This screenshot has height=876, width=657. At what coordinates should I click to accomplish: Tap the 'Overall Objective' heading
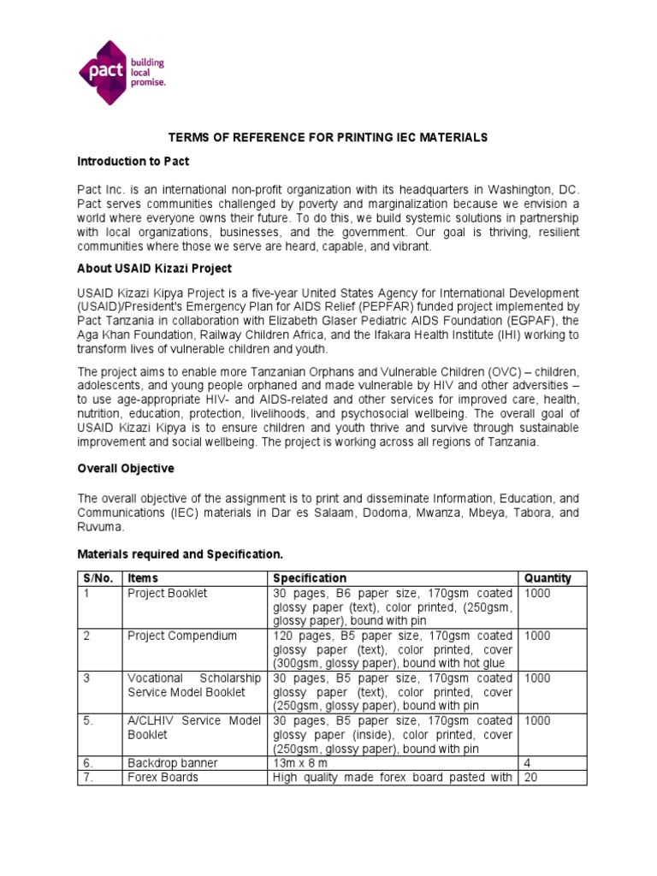126,469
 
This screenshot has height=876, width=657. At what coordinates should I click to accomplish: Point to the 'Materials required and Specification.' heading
180,554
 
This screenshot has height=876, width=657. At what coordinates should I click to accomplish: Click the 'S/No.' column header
98,578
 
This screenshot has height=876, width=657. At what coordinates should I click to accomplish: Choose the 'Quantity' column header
547,578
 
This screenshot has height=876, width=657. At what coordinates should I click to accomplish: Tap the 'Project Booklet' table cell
168,594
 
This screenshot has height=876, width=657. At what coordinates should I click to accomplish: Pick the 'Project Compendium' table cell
182,636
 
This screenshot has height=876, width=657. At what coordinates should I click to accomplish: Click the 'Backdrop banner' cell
173,762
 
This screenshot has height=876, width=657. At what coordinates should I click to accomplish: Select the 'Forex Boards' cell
163,777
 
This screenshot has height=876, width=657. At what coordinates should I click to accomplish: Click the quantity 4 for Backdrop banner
529,762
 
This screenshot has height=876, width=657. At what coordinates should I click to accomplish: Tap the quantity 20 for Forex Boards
532,777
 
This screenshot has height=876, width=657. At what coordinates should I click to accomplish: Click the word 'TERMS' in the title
186,137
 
